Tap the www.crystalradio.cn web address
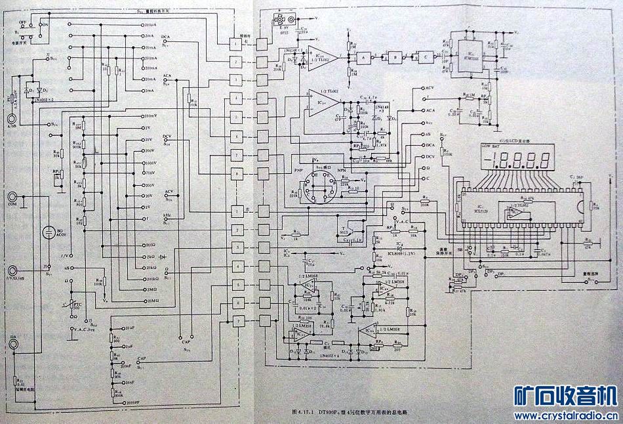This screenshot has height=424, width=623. [564, 415]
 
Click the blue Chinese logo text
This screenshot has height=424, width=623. [565, 396]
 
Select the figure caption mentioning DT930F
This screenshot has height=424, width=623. [354, 412]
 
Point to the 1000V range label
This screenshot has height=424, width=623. [150, 163]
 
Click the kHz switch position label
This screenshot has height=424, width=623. [168, 215]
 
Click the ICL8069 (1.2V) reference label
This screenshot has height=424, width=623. [400, 252]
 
